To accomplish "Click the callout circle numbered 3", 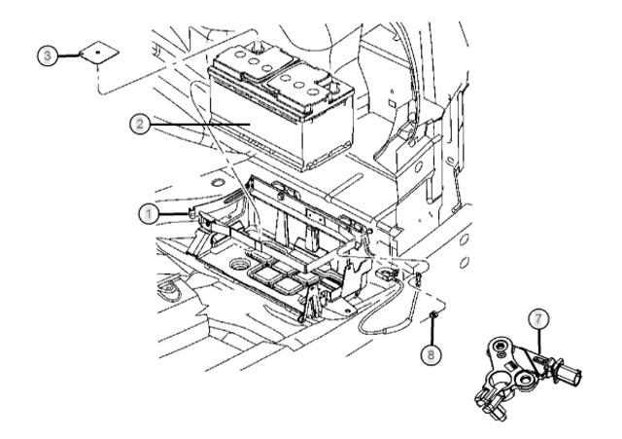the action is click(x=48, y=55).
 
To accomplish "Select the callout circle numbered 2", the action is click(x=140, y=124).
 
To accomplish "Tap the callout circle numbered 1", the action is click(x=149, y=214).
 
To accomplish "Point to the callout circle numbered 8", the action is click(x=431, y=353).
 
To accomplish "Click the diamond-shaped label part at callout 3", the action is click(x=99, y=53).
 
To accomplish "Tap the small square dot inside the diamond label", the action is click(x=98, y=52).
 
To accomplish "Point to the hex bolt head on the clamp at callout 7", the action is click(x=501, y=346).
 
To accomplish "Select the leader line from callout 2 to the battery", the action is click(x=200, y=124).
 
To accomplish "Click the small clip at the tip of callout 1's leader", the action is click(x=192, y=214).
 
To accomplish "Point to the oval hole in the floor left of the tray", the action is click(x=218, y=183).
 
